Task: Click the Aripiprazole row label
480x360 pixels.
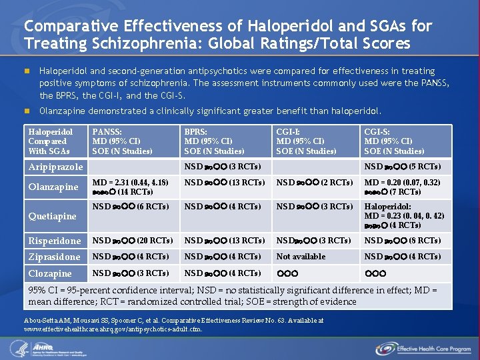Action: pyautogui.click(x=55, y=167)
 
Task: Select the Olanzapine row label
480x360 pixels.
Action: pyautogui.click(x=53, y=187)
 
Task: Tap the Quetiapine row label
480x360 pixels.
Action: pyautogui.click(x=52, y=216)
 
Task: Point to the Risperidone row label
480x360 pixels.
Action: pyautogui.click(x=55, y=241)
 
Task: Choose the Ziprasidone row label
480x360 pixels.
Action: pyautogui.click(x=54, y=257)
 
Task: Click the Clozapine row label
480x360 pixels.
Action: pyautogui.click(x=50, y=273)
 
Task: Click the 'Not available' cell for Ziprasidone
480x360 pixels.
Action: pyautogui.click(x=301, y=257)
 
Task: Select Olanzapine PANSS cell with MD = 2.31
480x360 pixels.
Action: pyautogui.click(x=131, y=187)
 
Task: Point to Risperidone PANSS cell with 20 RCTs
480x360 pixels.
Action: pyautogui.click(x=133, y=241)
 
